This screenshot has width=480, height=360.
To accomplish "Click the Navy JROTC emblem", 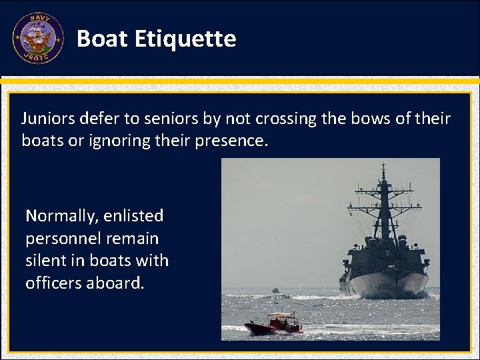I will [37, 38].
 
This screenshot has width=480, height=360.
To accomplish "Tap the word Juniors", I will [49, 119].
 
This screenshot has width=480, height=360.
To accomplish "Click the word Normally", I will [61, 216].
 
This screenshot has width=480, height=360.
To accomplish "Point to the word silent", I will [45, 261].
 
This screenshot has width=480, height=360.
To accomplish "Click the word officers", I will [53, 283].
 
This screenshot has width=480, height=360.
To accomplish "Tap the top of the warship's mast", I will [383, 167].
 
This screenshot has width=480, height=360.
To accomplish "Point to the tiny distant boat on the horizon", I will [275, 291].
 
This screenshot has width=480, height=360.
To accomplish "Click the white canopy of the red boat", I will [280, 315].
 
